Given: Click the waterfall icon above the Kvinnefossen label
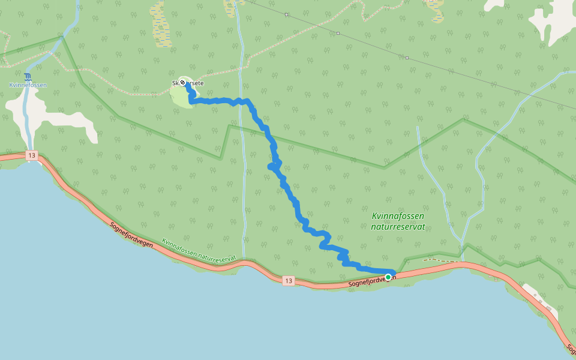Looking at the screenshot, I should [x=28, y=76].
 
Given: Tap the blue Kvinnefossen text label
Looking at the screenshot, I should [x=28, y=85].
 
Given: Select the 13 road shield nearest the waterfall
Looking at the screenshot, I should [x=32, y=156].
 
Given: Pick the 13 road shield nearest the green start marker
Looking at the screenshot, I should [x=289, y=280].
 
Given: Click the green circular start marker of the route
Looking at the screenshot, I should [x=388, y=277].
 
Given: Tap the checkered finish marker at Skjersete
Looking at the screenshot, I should [x=182, y=83].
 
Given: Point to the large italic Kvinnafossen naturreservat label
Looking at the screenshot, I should [x=398, y=221].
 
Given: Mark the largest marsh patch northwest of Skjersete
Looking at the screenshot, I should [x=160, y=24].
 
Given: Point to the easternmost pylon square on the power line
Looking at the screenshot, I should [x=407, y=58].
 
